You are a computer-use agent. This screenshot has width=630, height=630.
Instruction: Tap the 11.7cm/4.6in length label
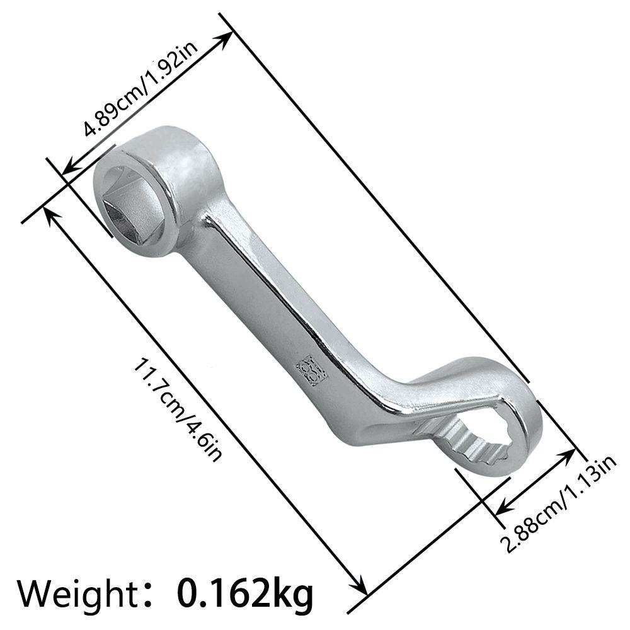tap(177, 410)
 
